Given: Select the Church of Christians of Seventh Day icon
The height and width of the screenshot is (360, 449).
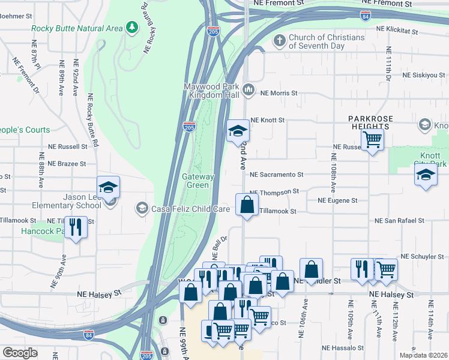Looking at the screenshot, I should coord(279,41).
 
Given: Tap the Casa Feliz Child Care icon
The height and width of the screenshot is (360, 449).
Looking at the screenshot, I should coord(142,209).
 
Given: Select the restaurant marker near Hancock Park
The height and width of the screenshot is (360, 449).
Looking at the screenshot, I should coord(76,227).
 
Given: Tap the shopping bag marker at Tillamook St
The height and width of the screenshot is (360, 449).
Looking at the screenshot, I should coord(247,205).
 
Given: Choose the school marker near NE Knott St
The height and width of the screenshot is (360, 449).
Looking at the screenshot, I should coord(238,130).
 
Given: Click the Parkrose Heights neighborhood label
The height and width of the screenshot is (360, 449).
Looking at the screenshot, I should coord(373,122).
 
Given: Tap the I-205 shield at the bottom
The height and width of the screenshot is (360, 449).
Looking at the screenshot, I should coord(148,356).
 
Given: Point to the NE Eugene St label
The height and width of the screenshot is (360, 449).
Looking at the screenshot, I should coord(337,200).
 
